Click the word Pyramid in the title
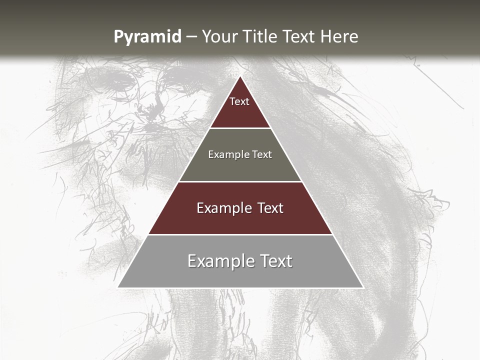pyautogui.click(x=147, y=37)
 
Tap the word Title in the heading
pyautogui.click(x=260, y=37)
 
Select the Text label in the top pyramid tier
pyautogui.click(x=239, y=101)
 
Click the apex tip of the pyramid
pyautogui.click(x=240, y=76)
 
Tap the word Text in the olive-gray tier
pyautogui.click(x=262, y=154)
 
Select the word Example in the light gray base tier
pyautogui.click(x=216, y=261)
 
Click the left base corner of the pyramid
pyautogui.click(x=118, y=287)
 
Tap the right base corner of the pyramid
pyautogui.click(x=363, y=287)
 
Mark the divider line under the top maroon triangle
pyautogui.click(x=240, y=128)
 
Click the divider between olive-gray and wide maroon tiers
pyautogui.click(x=240, y=181)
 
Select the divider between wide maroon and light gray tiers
pyautogui.click(x=240, y=234)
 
